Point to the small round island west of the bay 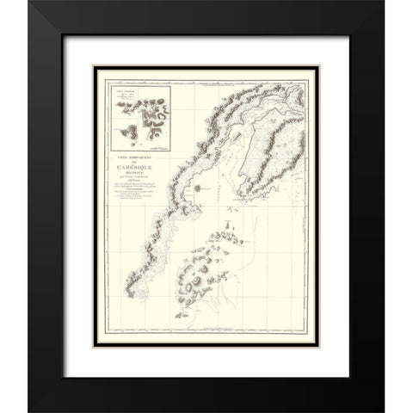pyautogui.click(x=195, y=186)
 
